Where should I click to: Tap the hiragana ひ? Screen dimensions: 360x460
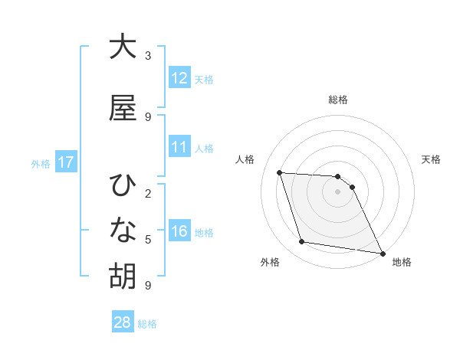click(123, 185)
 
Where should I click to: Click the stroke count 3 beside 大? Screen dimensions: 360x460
click(148, 56)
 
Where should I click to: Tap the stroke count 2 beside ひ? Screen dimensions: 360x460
click(148, 193)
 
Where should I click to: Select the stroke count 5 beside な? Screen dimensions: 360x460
click(148, 240)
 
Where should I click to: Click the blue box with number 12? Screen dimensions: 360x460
click(179, 78)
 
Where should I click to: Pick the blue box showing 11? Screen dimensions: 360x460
click(179, 147)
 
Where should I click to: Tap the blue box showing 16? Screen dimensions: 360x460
click(179, 232)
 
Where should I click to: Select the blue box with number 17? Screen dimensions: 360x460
click(65, 162)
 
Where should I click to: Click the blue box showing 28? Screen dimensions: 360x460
click(123, 323)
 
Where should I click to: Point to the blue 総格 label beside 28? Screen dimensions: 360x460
click(148, 324)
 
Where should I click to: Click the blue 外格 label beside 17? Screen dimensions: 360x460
click(41, 163)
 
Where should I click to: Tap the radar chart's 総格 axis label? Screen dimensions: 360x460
click(338, 100)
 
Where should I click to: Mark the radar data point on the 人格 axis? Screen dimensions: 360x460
click(279, 172)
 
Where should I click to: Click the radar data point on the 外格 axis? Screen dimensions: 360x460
click(302, 242)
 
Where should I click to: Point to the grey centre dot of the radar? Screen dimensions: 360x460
click(338, 191)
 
